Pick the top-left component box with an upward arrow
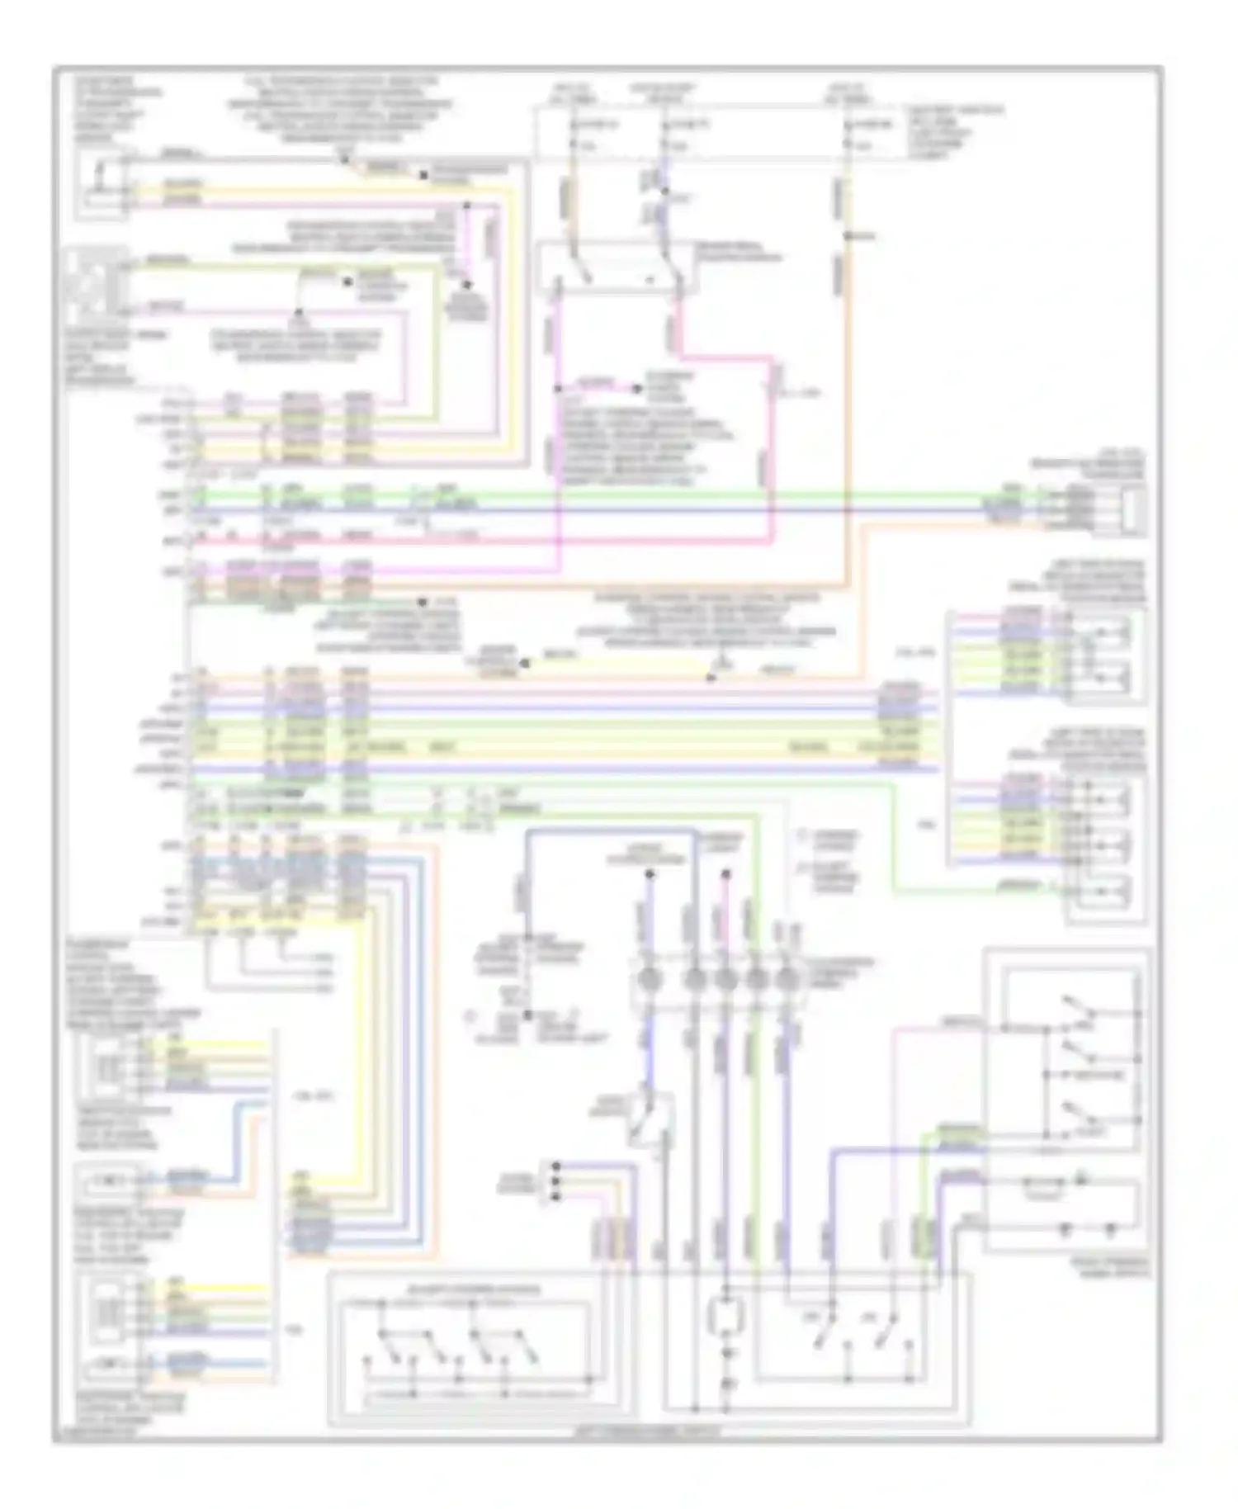(102, 187)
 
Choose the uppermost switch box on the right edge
(1107, 656)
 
